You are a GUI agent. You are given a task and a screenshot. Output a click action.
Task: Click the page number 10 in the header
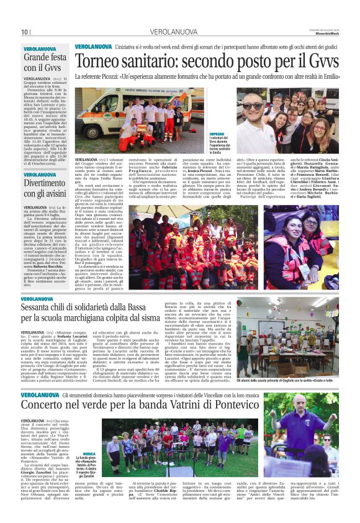coord(25,32)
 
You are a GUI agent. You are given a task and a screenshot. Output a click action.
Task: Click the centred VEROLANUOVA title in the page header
coord(179,32)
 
